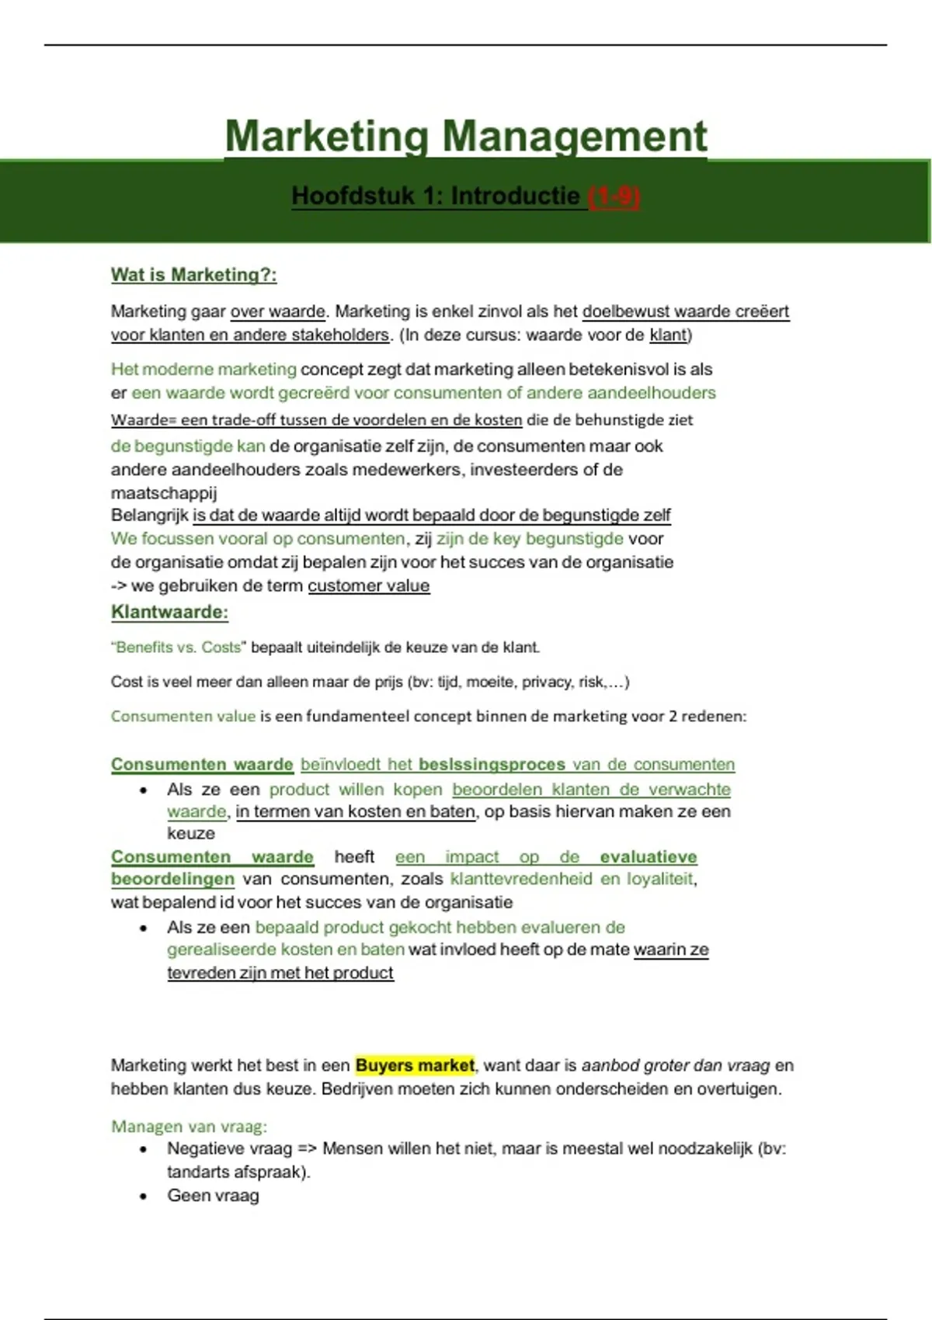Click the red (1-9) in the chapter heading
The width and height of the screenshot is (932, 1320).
pos(614,196)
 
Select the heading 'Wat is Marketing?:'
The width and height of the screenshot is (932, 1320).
pos(193,275)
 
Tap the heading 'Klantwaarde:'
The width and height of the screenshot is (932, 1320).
pos(169,612)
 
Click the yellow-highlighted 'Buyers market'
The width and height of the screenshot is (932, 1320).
pos(415,1065)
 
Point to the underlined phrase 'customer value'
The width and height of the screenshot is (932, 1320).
pos(368,585)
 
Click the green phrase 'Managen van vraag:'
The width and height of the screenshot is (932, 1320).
pos(189,1126)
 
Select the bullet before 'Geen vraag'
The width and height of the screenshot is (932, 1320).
pos(144,1197)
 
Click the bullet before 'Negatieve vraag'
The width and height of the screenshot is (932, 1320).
pos(144,1149)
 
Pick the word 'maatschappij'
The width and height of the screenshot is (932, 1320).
pos(164,493)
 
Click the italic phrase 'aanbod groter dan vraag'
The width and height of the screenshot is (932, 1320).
pos(676,1065)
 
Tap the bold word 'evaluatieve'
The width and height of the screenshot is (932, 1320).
pos(649,857)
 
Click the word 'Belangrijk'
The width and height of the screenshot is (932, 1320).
pos(149,516)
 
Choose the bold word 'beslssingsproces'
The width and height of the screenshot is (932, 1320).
pos(492,765)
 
